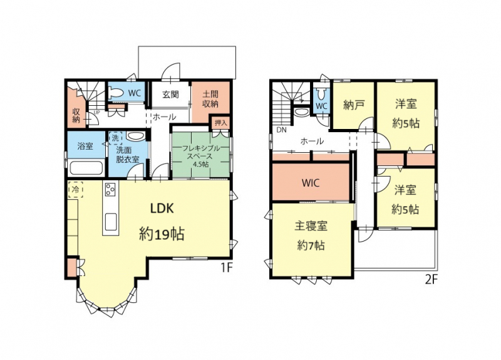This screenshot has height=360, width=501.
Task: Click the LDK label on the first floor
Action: [162, 208]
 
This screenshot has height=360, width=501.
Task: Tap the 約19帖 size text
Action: [162, 234]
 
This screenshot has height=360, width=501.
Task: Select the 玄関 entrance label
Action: [170, 95]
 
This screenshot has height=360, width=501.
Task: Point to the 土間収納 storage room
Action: [210, 101]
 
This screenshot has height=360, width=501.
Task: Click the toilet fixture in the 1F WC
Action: [116, 93]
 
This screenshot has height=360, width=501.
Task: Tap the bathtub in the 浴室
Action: [86, 168]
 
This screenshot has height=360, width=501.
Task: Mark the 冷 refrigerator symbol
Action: [75, 190]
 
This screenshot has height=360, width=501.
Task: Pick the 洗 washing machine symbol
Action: [115, 138]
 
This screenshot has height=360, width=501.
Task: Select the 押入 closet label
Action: [220, 123]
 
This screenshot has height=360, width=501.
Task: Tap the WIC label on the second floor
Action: [311, 183]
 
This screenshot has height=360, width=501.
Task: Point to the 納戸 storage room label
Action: [354, 105]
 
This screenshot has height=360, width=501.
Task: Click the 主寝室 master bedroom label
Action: [311, 226]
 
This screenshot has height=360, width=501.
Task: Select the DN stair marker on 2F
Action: [281, 130]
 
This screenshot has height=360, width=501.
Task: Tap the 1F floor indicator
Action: [226, 268]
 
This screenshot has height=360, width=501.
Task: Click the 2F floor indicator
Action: [431, 280]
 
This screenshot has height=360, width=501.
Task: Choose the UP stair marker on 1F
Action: [96, 113]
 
